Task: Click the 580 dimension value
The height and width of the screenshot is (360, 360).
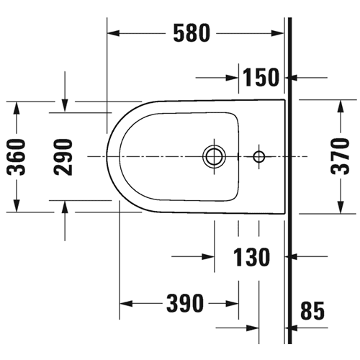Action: coord(192,33)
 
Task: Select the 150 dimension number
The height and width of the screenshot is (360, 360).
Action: coord(261,77)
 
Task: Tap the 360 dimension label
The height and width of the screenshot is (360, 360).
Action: coord(17,157)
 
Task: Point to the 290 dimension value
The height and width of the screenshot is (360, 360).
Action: coord(63,157)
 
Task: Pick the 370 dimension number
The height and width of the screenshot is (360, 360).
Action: coord(340,156)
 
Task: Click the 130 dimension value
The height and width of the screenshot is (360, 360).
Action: coord(252,257)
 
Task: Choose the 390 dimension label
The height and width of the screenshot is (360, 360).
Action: coord(185,304)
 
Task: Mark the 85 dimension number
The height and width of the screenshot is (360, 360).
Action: coord(312,310)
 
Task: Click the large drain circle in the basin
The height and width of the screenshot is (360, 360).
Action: coord(215,156)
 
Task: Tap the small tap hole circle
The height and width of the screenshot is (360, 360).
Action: coord(259,157)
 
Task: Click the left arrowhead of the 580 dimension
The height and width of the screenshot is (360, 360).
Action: coord(113,33)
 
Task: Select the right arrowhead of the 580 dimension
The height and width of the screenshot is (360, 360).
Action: coord(277,33)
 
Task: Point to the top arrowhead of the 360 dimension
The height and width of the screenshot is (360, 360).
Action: coord(17,108)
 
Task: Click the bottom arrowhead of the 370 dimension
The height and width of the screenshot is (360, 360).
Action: coord(340,207)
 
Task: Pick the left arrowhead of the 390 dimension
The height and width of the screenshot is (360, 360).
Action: coord(126,304)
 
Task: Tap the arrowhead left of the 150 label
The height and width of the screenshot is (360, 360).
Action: coord(233,78)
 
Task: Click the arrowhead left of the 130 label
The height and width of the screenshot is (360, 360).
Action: coord(208,257)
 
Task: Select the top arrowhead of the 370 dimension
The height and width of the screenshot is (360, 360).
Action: coord(340,106)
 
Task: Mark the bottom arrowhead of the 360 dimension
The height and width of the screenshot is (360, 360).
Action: coord(17,206)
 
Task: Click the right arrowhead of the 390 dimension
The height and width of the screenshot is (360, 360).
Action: coord(232,304)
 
